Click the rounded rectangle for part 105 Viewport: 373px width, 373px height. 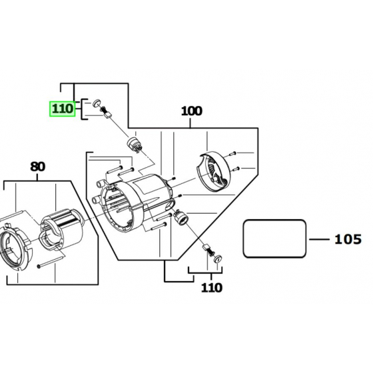click(x=276, y=239)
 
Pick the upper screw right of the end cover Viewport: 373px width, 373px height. click(x=241, y=153)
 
